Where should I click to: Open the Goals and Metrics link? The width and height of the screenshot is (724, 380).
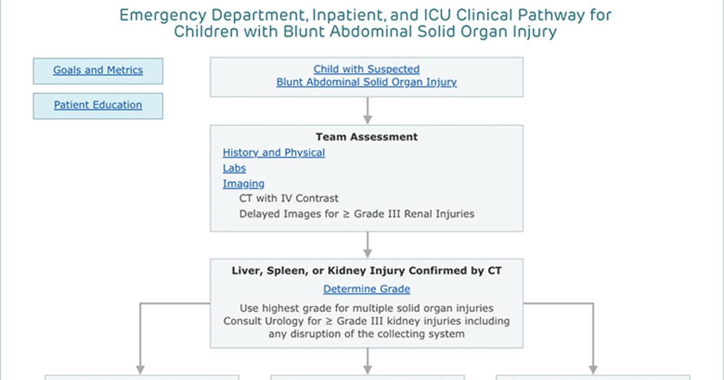click(x=98, y=70)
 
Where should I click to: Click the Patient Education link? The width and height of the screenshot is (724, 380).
click(x=98, y=105)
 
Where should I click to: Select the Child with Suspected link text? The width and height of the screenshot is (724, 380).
click(x=367, y=69)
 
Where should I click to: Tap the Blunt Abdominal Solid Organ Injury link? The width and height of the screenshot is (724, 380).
click(x=367, y=83)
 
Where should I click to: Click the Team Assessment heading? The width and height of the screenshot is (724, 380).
click(x=367, y=137)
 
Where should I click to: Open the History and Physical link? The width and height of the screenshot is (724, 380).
click(x=274, y=153)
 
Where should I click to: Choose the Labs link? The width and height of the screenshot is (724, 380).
click(x=234, y=168)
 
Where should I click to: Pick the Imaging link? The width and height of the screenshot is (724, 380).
click(x=243, y=184)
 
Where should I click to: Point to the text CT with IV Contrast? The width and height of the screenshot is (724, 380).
click(x=288, y=198)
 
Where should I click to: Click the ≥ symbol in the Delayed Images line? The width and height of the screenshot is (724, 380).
click(x=346, y=214)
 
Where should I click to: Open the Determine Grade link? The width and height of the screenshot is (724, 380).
click(x=367, y=289)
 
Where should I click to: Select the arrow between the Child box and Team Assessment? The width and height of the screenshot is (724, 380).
click(x=367, y=110)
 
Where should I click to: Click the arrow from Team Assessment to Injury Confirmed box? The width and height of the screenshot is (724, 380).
click(x=367, y=245)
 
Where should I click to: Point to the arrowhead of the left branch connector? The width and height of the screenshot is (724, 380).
click(x=140, y=370)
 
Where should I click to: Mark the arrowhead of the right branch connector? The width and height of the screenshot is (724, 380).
click(x=593, y=370)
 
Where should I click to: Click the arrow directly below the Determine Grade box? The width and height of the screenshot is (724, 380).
click(x=367, y=361)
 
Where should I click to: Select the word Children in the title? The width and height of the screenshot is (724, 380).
click(x=206, y=31)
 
